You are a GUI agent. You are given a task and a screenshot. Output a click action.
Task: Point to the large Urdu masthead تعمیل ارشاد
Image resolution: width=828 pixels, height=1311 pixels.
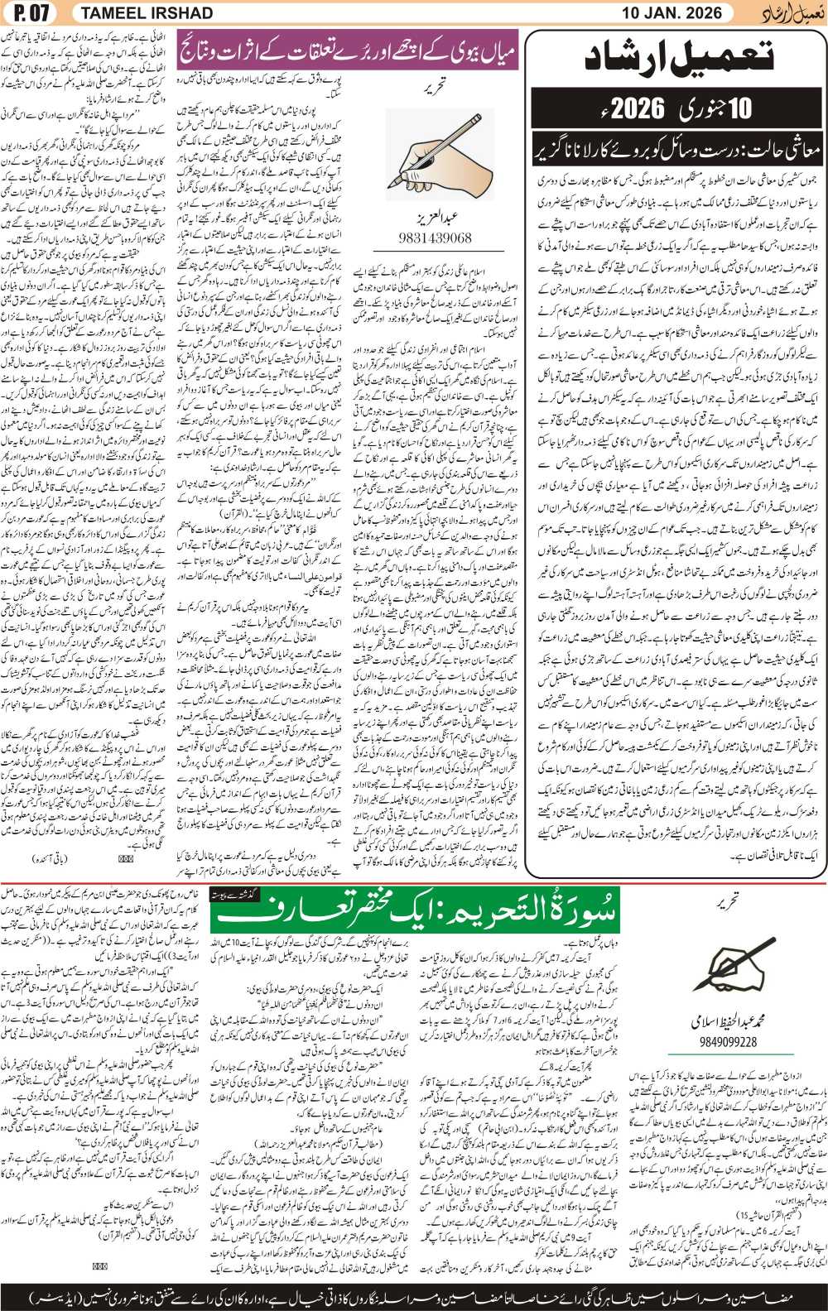click(679, 56)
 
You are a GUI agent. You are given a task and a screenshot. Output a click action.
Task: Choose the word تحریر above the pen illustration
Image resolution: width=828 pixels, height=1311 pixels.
click(728, 898)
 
